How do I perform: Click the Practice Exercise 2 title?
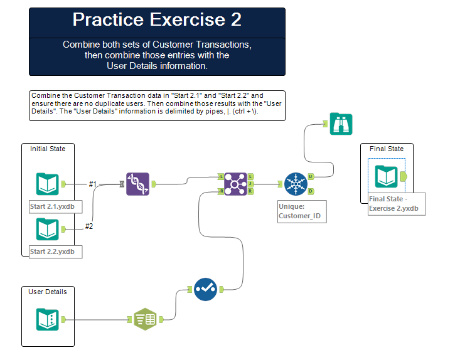click(157, 19)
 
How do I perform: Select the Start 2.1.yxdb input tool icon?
click(47, 184)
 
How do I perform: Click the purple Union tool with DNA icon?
click(137, 184)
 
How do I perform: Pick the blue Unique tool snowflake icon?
click(294, 184)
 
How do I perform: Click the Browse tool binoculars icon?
click(341, 124)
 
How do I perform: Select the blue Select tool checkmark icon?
click(205, 289)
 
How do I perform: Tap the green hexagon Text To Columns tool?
click(145, 319)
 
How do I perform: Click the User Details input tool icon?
click(47, 319)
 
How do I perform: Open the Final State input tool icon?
click(386, 177)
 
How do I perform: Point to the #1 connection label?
click(92, 184)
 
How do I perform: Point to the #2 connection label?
click(88, 226)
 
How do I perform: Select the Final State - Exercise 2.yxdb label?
click(396, 204)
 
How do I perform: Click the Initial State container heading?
click(48, 149)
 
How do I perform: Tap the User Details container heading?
click(47, 292)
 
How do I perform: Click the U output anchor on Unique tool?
click(311, 177)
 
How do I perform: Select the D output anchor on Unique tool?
click(311, 191)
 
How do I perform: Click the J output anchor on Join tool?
click(250, 184)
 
